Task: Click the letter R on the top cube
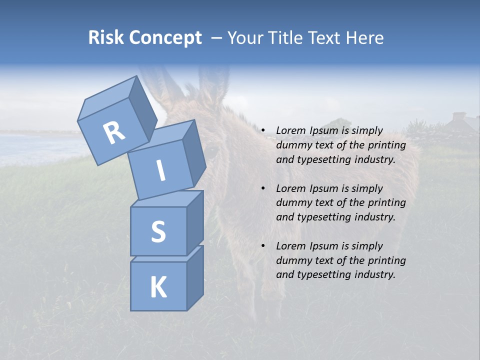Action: coord(114,132)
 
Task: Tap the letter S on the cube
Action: coord(158,231)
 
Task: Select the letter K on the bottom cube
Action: coord(158,287)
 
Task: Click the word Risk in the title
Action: coord(105,37)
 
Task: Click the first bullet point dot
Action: coord(263,131)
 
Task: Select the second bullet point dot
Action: coord(263,189)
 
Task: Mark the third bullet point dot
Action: coord(263,246)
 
